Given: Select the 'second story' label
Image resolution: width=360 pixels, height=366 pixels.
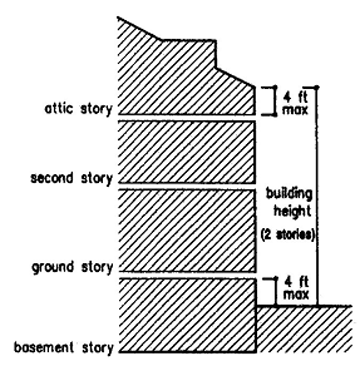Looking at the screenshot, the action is pos(72,178).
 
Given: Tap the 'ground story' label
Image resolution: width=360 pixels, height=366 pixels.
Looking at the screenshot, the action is pos(72,267).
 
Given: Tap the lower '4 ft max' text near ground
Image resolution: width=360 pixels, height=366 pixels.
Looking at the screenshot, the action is pos(296,289).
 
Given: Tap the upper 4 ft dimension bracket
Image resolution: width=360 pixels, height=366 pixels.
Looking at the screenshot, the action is pos(275,100).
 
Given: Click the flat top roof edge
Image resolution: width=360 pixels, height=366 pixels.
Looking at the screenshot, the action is pos(187,40).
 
